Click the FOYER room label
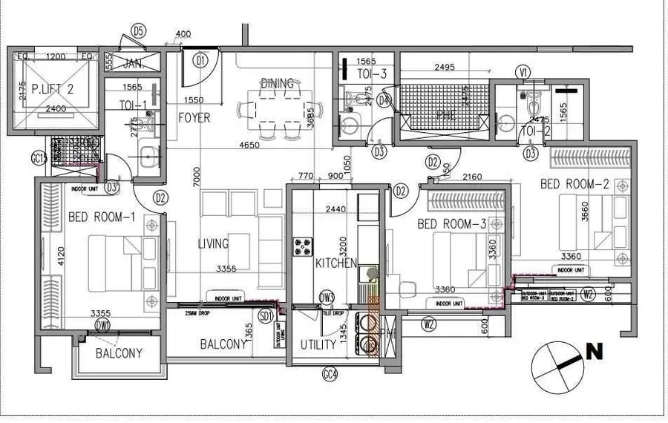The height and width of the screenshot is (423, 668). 194,117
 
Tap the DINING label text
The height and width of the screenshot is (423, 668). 277,83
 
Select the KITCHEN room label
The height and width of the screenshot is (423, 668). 336,263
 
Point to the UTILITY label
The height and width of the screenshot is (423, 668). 318,345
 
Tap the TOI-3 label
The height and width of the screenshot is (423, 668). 372,73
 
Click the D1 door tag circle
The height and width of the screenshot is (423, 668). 199,60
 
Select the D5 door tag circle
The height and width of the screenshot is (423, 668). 138,30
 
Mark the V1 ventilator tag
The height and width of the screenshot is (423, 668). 524,72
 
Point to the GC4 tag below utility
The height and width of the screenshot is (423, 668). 330,375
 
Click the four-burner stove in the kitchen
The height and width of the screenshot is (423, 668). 304,246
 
